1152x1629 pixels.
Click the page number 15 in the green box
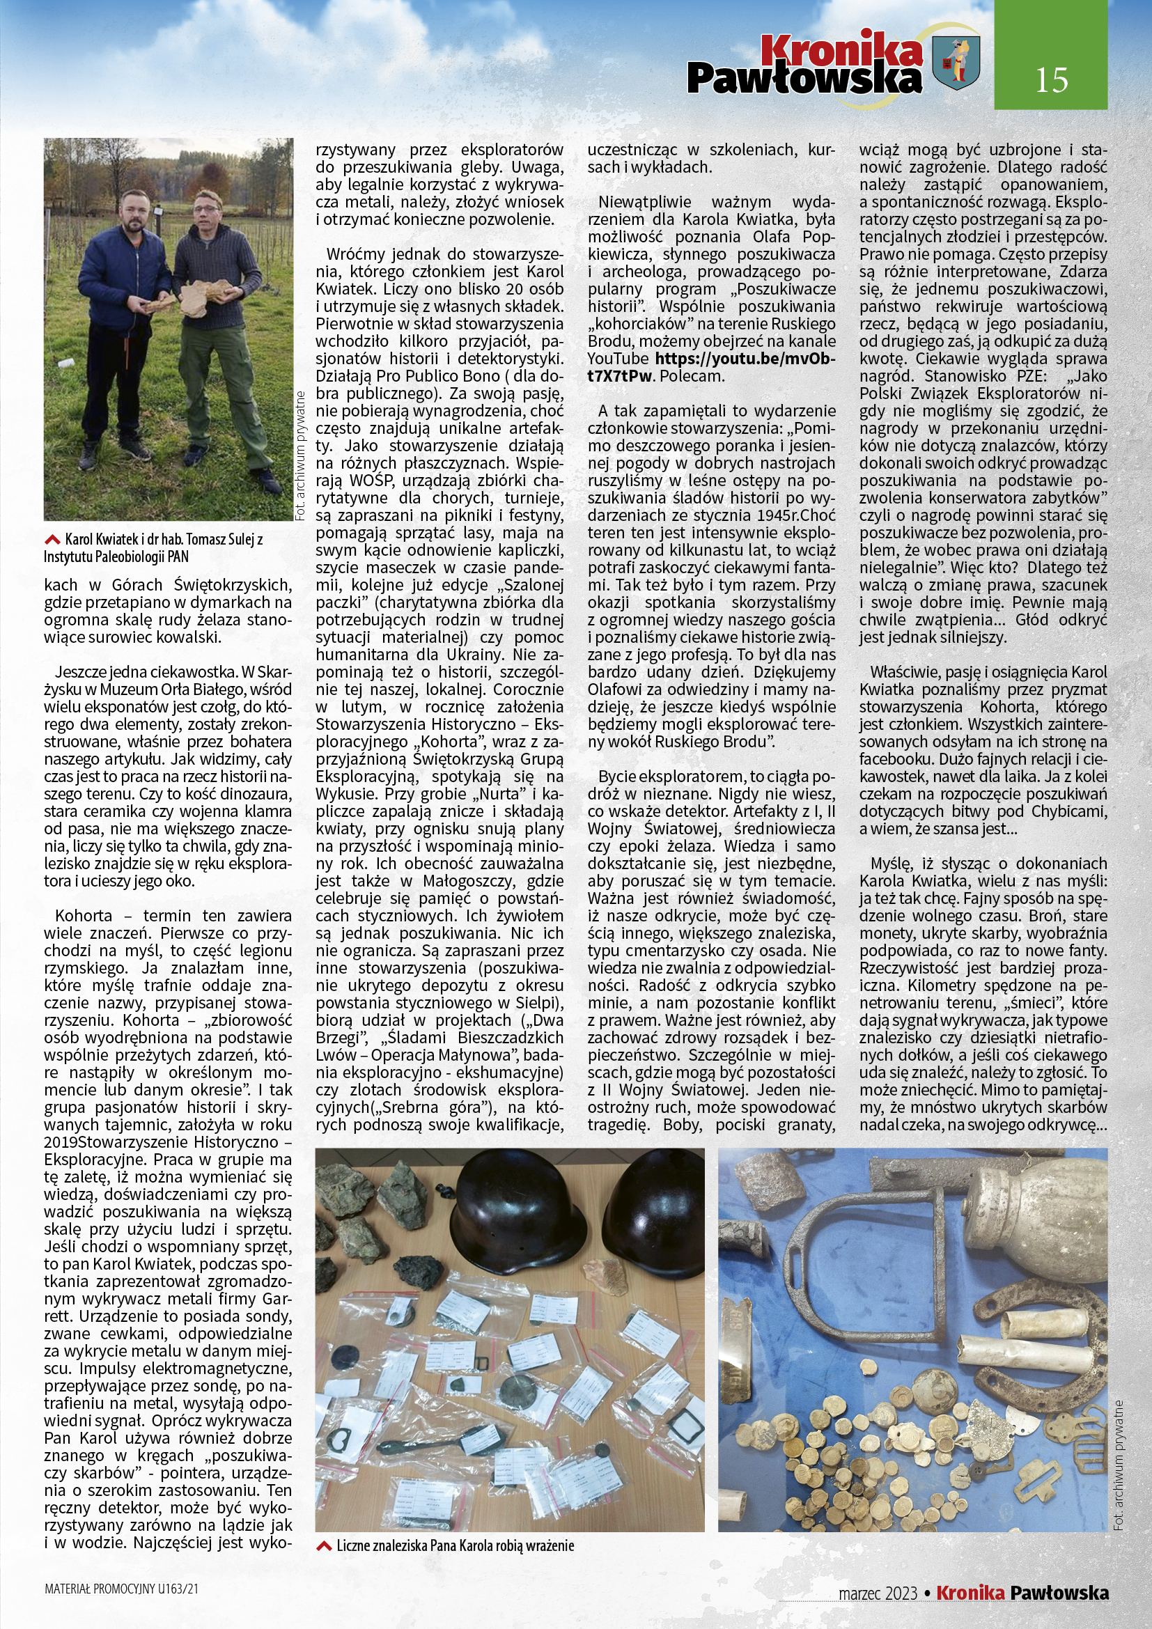pyautogui.click(x=1050, y=80)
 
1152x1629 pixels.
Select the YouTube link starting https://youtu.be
pyautogui.click(x=742, y=359)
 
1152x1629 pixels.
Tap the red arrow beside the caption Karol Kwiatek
pyautogui.click(x=52, y=539)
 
